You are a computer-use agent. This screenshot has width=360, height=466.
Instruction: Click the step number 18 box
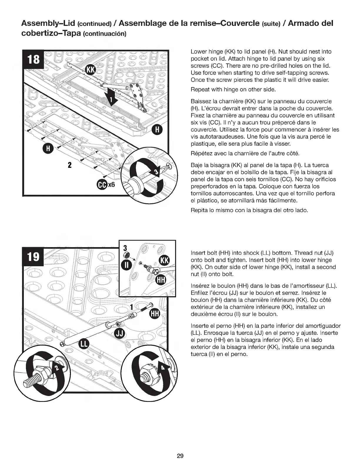33,59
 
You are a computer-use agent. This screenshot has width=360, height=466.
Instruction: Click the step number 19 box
33,256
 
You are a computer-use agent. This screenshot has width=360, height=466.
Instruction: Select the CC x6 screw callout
105,185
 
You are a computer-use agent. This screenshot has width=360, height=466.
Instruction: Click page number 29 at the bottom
180,456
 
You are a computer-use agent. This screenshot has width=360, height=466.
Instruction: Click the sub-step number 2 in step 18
70,164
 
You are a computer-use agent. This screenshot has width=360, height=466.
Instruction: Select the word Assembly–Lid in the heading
47,23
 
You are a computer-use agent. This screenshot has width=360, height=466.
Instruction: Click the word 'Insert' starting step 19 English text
198,253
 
